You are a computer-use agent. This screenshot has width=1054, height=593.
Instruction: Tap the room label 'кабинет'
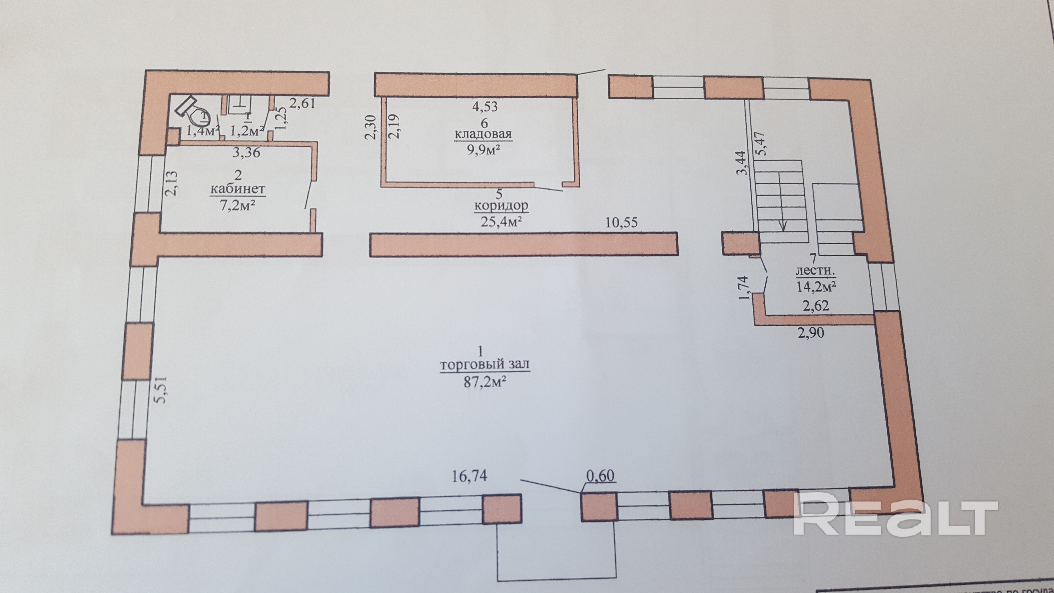238,189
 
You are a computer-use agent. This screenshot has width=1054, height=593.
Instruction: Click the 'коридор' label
501,205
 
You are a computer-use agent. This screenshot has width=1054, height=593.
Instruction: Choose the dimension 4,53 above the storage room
485,106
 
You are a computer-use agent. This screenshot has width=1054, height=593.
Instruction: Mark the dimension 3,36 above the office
246,153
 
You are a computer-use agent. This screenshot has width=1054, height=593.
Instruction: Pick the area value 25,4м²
501,222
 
